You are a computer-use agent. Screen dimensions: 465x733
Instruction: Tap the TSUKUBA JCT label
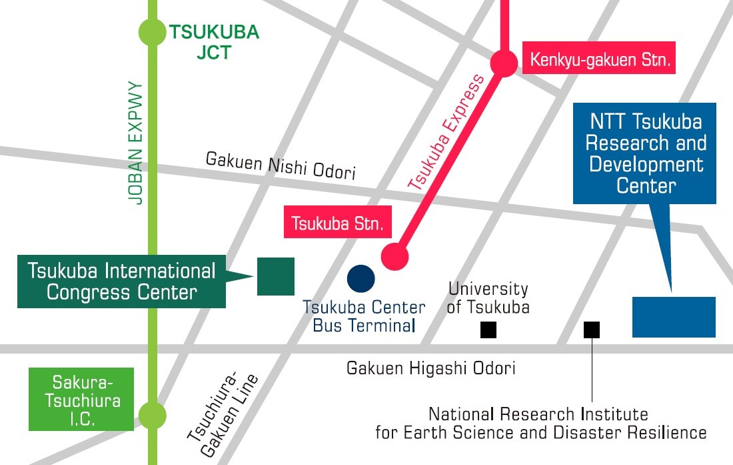click(213, 42)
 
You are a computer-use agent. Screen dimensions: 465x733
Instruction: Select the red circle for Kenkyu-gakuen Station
click(504, 63)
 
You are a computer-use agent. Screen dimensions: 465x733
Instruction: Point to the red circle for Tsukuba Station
click(394, 255)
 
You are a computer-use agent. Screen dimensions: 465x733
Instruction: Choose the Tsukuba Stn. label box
click(338, 223)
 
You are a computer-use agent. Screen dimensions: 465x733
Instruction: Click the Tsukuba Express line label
click(447, 133)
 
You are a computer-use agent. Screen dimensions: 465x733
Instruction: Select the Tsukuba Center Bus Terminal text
click(364, 316)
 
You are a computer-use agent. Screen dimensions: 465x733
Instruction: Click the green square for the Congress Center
click(276, 276)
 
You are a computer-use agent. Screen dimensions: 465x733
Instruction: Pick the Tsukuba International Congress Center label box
click(122, 281)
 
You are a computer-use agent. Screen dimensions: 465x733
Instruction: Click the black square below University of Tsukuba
click(488, 330)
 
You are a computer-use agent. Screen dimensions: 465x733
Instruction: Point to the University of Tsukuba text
click(488, 298)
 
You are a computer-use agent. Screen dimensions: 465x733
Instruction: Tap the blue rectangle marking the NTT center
click(673, 317)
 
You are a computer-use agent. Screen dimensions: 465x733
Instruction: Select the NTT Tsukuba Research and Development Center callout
click(644, 153)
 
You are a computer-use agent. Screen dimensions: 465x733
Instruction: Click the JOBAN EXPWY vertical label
click(136, 143)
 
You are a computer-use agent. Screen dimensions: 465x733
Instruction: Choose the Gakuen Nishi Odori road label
click(280, 165)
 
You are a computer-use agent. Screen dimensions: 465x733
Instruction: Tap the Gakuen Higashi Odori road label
click(430, 368)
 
